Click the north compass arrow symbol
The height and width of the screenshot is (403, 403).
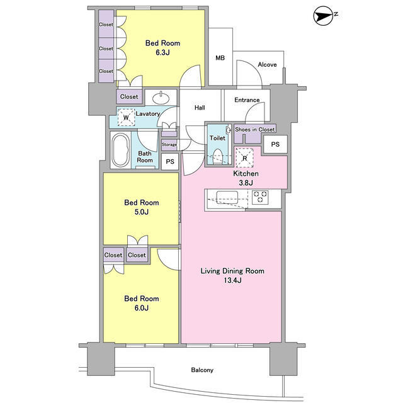coord(323,16)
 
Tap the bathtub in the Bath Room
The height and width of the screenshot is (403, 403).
coord(120,150)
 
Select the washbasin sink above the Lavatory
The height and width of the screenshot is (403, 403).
coord(161,98)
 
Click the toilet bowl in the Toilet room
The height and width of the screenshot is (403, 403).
coord(218,156)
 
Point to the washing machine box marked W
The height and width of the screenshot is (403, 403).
coord(126,118)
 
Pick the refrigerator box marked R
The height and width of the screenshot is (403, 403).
coord(245,158)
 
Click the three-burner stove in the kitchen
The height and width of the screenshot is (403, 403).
coord(260,197)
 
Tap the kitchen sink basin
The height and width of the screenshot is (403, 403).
coord(227,197)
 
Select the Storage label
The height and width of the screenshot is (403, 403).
coord(169,144)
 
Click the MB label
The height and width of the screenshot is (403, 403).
coord(220,58)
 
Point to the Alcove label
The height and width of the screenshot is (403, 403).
coord(267,64)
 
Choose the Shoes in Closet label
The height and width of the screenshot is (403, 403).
coord(254,129)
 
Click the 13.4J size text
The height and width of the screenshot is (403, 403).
coord(232,280)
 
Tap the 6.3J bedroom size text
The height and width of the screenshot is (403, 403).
coord(162,52)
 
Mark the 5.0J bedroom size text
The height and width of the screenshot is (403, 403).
coord(141,212)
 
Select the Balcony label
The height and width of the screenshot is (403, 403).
coord(202,370)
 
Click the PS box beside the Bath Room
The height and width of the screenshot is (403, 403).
coord(170,161)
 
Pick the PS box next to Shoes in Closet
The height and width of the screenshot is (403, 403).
coord(275,144)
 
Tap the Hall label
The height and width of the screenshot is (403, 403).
coord(200,108)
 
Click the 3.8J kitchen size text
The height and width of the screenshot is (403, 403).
coord(246,183)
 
